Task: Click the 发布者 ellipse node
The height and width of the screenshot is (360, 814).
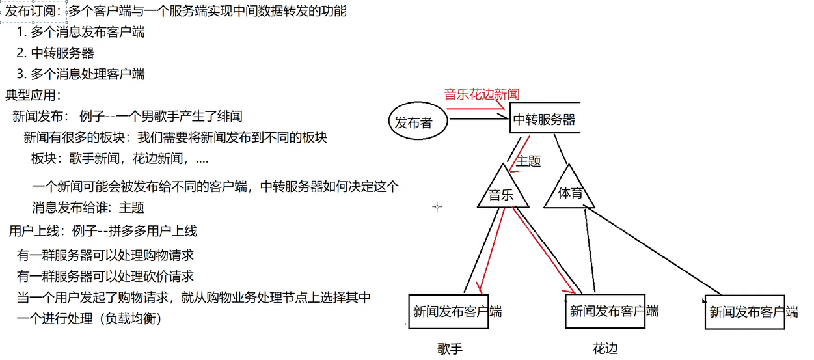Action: click(x=413, y=122)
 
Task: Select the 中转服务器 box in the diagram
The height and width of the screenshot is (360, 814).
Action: click(x=544, y=119)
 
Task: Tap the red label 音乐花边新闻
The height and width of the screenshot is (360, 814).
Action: click(x=482, y=94)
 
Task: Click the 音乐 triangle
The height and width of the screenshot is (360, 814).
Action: click(x=502, y=193)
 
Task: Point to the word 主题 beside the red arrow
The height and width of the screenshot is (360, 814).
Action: click(x=528, y=160)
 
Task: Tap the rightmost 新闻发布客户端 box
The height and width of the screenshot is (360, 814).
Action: click(x=751, y=312)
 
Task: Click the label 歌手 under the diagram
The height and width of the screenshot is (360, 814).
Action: click(x=450, y=349)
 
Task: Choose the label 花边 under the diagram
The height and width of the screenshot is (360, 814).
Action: click(x=605, y=349)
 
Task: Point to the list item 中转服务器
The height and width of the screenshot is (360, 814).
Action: click(x=57, y=53)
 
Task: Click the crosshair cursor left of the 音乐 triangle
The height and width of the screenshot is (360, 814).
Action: click(x=437, y=207)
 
